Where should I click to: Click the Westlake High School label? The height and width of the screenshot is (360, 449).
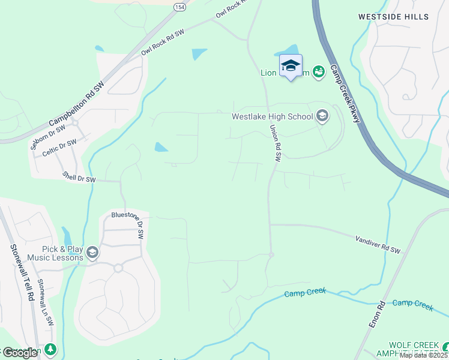point(273,116)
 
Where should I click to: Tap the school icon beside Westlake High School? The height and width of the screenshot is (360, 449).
point(322,116)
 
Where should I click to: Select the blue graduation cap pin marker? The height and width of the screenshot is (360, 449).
point(291,67)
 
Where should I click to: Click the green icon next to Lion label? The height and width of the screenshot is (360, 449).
point(318,72)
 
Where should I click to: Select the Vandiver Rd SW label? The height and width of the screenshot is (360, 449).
point(378,244)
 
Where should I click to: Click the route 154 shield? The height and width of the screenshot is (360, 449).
point(179,6)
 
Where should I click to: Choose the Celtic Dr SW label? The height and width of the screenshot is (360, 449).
point(59,148)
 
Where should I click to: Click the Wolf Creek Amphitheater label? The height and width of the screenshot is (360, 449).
point(414,349)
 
